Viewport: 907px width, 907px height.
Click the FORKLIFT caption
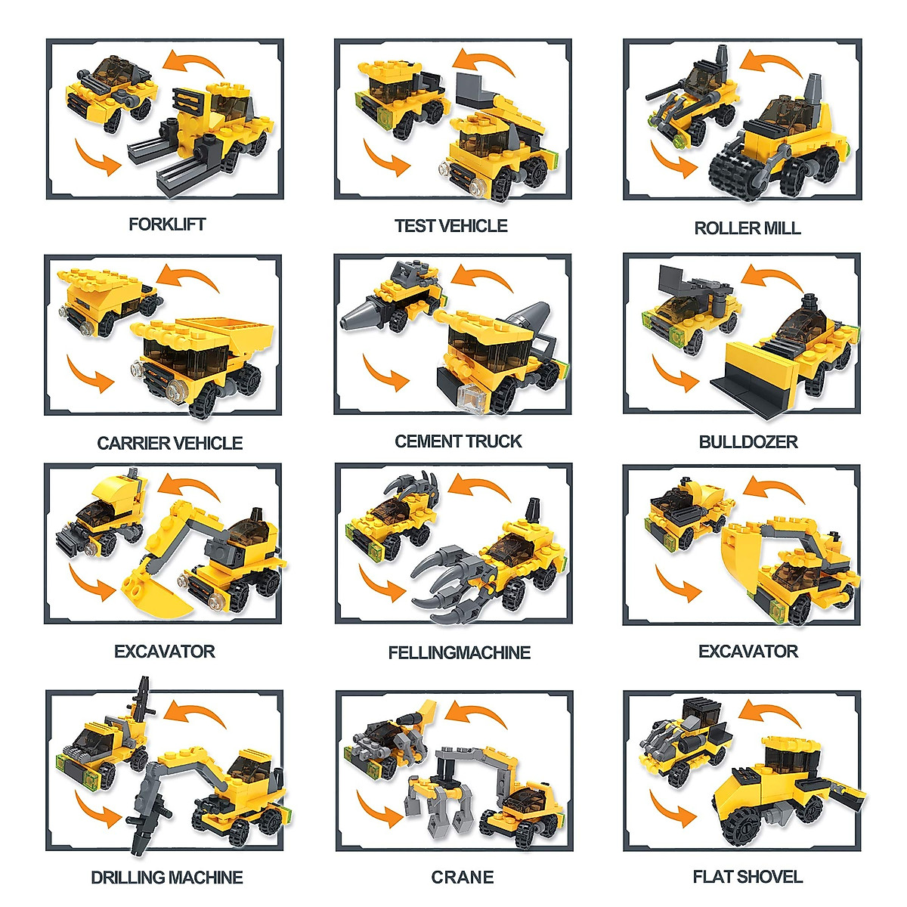point(166,224)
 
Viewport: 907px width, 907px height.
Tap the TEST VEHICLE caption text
point(450,226)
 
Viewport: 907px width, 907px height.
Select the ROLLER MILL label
point(747,228)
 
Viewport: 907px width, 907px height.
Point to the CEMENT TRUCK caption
point(458,441)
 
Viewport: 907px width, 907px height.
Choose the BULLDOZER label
point(748,442)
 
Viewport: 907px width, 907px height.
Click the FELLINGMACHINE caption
point(459,653)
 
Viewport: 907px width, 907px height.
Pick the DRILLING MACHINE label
point(167,878)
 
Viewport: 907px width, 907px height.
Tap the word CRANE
point(462,878)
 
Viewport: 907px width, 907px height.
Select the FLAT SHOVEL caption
point(748,877)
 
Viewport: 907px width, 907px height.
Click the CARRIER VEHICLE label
point(169,443)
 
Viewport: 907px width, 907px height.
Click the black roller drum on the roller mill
point(737,170)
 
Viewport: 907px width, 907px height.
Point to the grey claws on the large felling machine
point(446,578)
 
